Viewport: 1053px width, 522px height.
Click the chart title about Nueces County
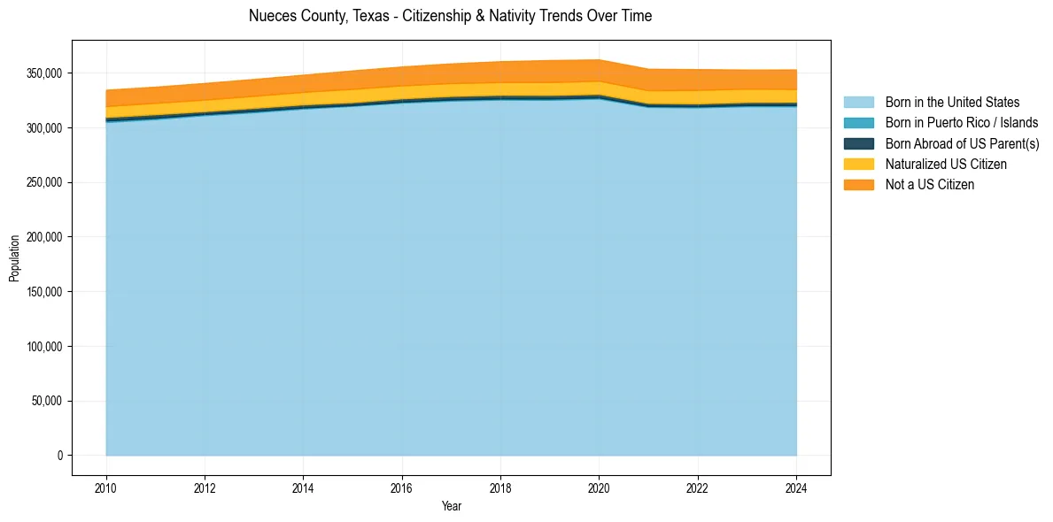coord(450,16)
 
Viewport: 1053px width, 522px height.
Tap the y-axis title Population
coord(14,258)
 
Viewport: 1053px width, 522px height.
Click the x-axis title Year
coord(451,507)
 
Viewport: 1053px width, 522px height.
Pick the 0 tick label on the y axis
coord(60,456)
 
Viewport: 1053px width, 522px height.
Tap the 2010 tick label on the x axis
coord(106,487)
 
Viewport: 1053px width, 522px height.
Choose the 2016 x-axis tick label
coord(402,487)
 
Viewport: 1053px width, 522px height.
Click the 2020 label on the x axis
coord(599,487)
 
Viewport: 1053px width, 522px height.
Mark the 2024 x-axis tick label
coord(796,487)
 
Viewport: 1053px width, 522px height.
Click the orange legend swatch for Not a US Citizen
coord(858,185)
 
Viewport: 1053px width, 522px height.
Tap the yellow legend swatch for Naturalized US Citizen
coord(858,165)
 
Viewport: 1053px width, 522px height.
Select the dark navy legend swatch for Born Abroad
coord(858,143)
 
